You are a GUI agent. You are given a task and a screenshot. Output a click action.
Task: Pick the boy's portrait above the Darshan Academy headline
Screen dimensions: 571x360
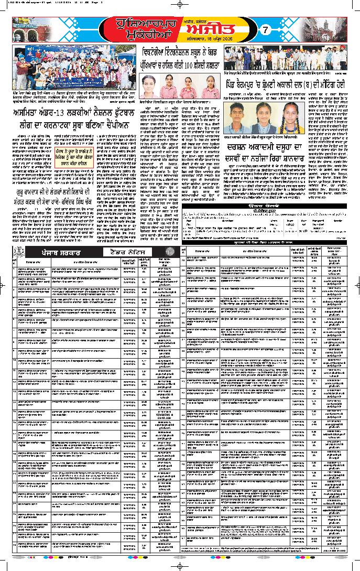[x=240, y=116]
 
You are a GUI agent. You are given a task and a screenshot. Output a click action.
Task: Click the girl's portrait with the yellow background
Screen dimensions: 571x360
[x=289, y=116]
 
